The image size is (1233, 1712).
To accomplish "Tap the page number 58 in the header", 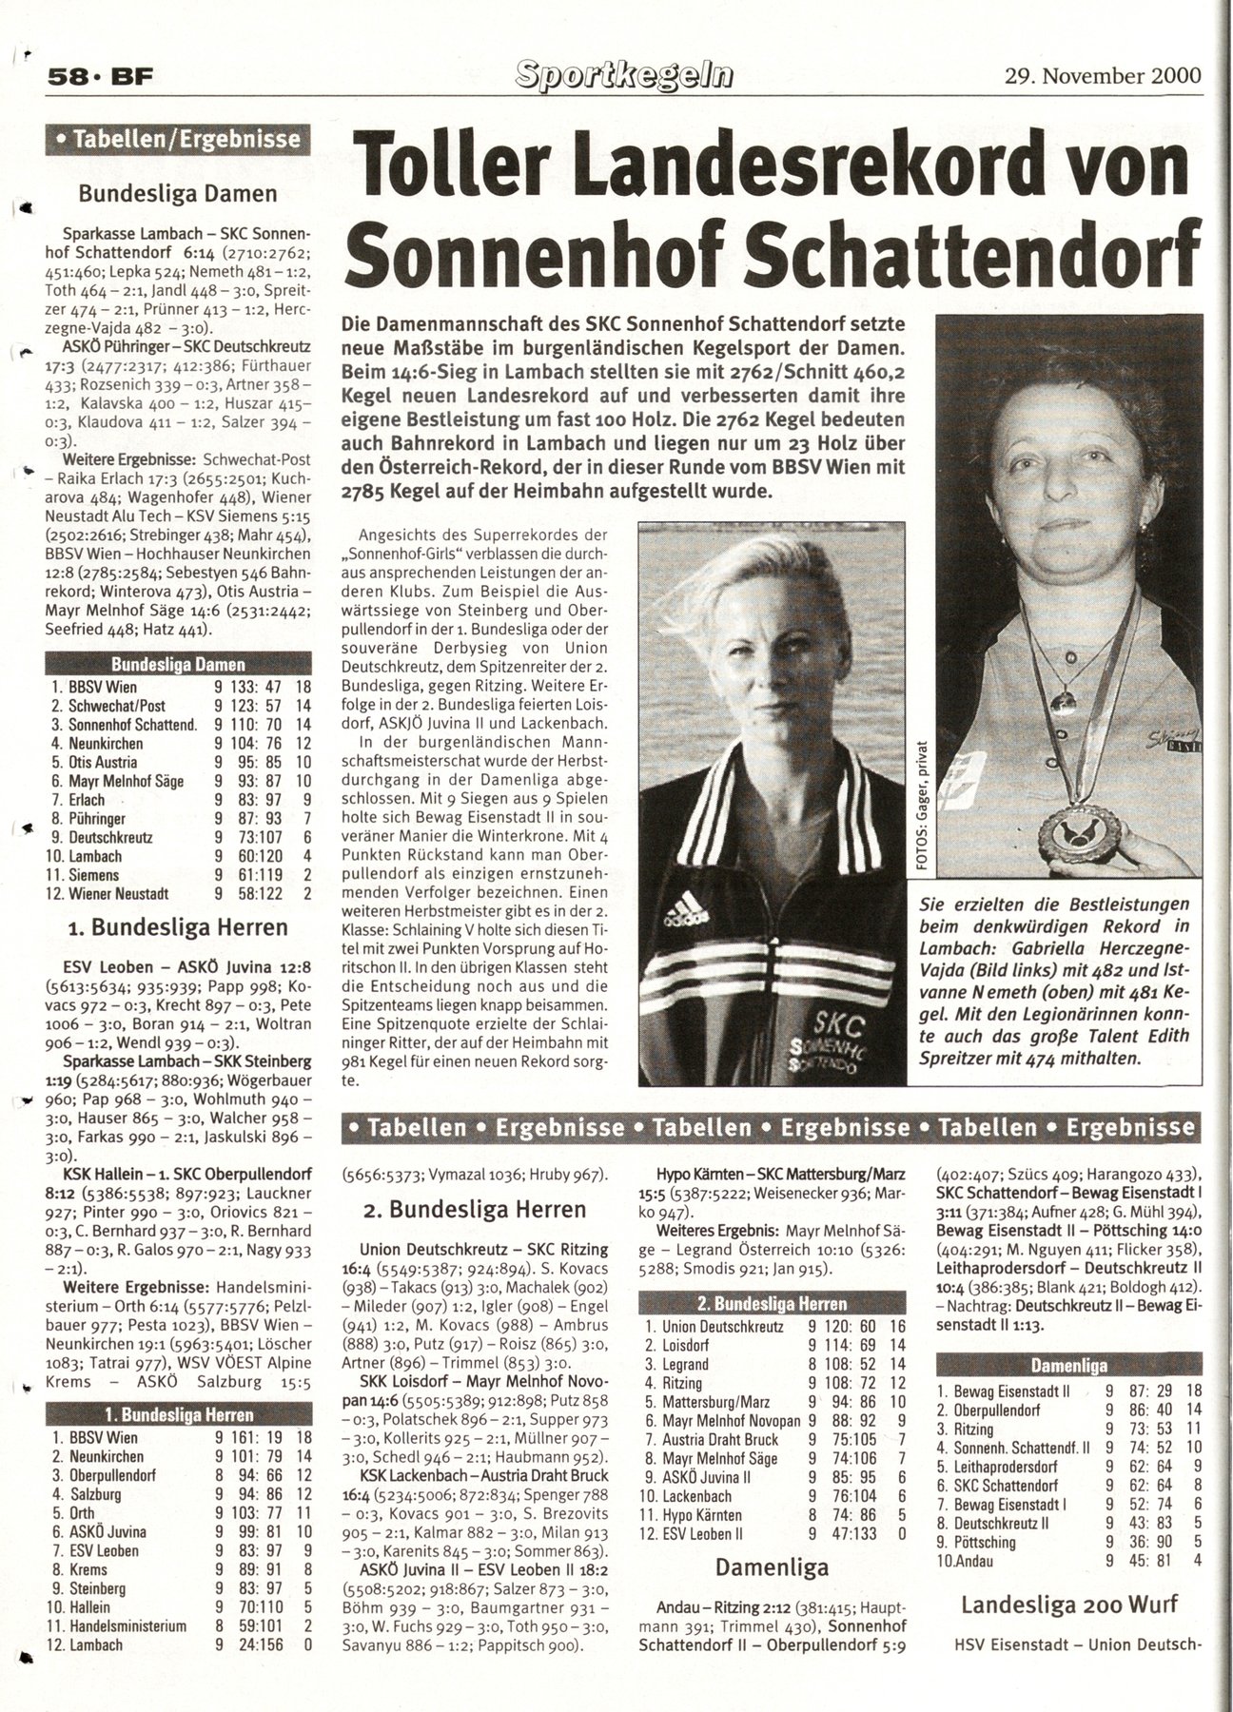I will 68,80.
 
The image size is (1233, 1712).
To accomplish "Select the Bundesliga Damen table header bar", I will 178,665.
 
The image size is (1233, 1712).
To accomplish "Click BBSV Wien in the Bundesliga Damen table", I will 102,687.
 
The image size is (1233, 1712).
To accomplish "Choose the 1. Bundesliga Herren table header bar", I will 178,1415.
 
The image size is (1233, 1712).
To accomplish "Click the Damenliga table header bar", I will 1068,1366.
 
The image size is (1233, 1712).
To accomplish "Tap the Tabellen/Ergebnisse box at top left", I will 178,141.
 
